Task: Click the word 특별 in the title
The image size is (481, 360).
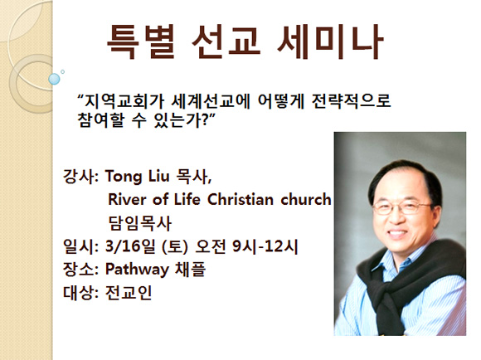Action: [x=141, y=41]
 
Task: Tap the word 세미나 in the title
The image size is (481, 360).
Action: [x=330, y=41]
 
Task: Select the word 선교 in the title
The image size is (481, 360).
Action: [x=226, y=41]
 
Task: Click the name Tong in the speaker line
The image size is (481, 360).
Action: [x=124, y=177]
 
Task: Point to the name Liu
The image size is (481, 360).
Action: [x=159, y=176]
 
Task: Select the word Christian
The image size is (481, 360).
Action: [x=240, y=199]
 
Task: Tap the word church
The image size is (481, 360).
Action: [x=306, y=199]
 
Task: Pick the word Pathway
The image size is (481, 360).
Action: [x=137, y=270]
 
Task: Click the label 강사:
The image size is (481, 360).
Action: [x=80, y=177]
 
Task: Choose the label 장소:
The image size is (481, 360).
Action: [x=80, y=269]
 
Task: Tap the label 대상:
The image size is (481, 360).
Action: [x=80, y=293]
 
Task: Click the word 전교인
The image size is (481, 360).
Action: [x=129, y=293]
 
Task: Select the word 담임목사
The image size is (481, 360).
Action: [x=140, y=223]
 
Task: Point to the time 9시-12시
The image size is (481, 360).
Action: [x=265, y=246]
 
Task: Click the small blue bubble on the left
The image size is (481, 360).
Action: [x=54, y=79]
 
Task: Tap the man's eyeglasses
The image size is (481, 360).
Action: [x=402, y=207]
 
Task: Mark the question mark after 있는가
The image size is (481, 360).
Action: [x=203, y=120]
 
